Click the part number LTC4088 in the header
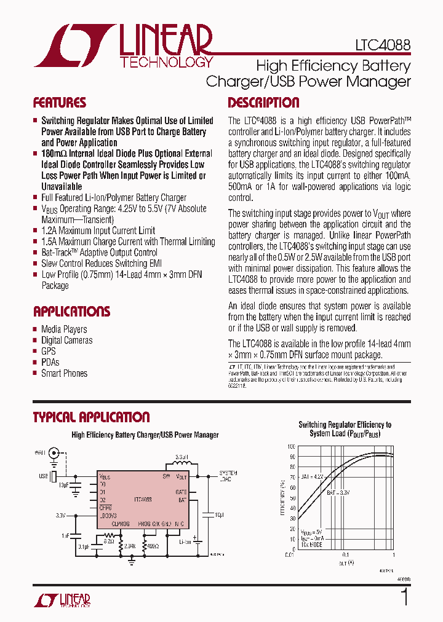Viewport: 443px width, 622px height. click(382, 45)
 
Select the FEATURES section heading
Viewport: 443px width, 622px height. click(60, 103)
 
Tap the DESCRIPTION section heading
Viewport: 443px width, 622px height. click(263, 103)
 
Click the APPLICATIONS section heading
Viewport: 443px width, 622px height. click(72, 311)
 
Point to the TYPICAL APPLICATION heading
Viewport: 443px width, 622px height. click(91, 417)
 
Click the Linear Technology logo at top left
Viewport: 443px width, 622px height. click(124, 45)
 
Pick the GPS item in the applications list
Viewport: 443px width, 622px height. click(49, 351)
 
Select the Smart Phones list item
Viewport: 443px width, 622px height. click(64, 373)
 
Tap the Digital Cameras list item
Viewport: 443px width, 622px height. click(66, 340)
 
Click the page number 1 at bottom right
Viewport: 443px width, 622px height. click(404, 597)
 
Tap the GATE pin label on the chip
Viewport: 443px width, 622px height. click(181, 492)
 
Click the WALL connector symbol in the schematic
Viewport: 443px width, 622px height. click(54, 454)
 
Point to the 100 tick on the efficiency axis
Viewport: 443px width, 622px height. click(290, 447)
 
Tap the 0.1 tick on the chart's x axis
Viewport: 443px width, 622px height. click(346, 554)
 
